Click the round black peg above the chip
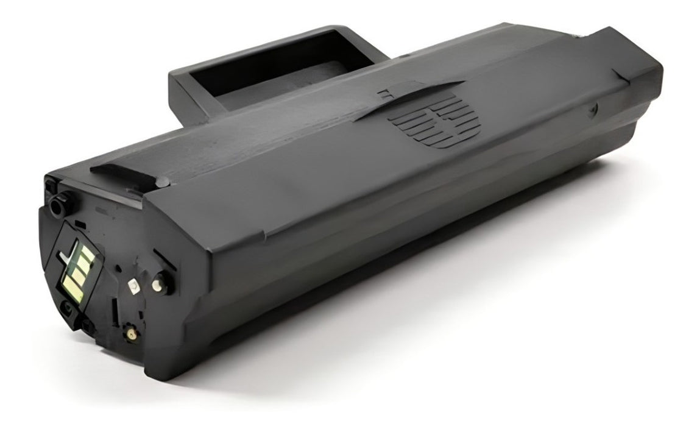(x=57, y=206)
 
